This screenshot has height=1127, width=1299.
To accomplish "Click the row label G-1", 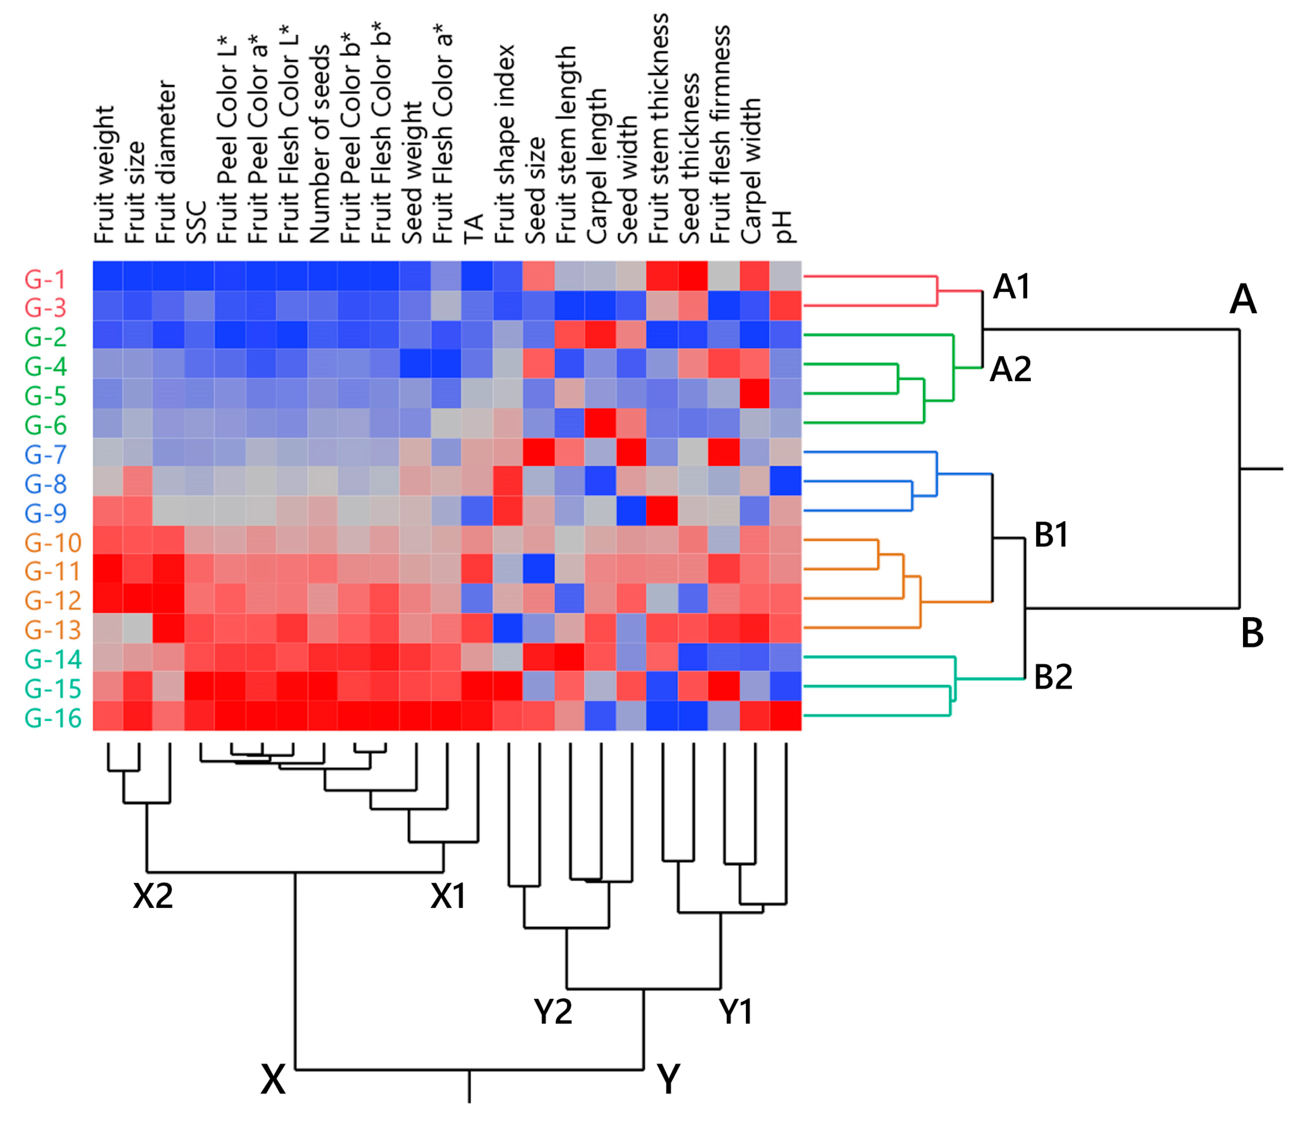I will click(x=45, y=279).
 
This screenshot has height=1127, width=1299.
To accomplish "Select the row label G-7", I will click(x=45, y=454).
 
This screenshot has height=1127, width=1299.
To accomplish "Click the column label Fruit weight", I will click(x=104, y=175).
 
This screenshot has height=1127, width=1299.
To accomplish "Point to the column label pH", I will click(x=784, y=226).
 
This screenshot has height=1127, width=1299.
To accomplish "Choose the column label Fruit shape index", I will click(x=505, y=144).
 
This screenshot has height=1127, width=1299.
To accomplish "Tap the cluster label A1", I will click(x=1011, y=287).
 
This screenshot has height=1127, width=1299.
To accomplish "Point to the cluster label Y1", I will click(x=735, y=1012).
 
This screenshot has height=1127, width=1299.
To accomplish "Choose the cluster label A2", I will click(x=1010, y=369).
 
